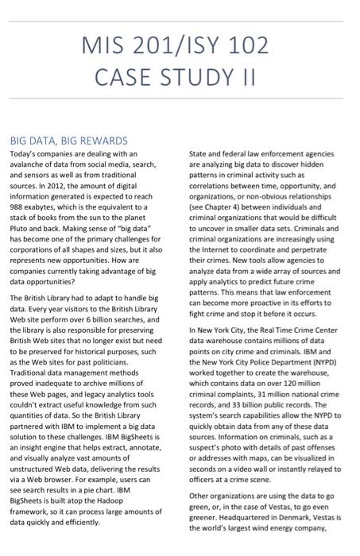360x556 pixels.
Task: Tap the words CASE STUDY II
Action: point(180,78)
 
